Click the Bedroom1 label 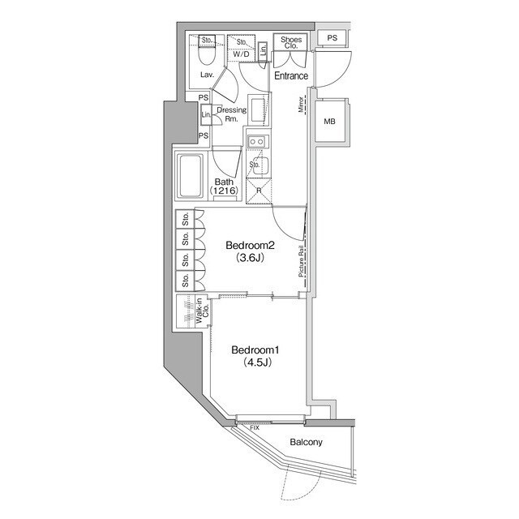[255, 350]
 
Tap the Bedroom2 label [251, 245]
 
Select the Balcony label [306, 442]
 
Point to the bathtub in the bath [190, 177]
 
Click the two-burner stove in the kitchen [257, 142]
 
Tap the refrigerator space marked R [259, 191]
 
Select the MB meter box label [330, 122]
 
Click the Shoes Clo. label [291, 42]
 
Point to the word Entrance [291, 75]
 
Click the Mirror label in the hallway [301, 105]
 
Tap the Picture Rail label [301, 261]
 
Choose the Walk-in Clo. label [202, 311]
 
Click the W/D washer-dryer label [241, 54]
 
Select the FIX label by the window [255, 428]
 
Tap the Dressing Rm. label [232, 114]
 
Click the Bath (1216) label [224, 186]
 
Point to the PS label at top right [332, 38]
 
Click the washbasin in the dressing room [258, 110]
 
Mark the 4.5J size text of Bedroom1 [258, 362]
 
